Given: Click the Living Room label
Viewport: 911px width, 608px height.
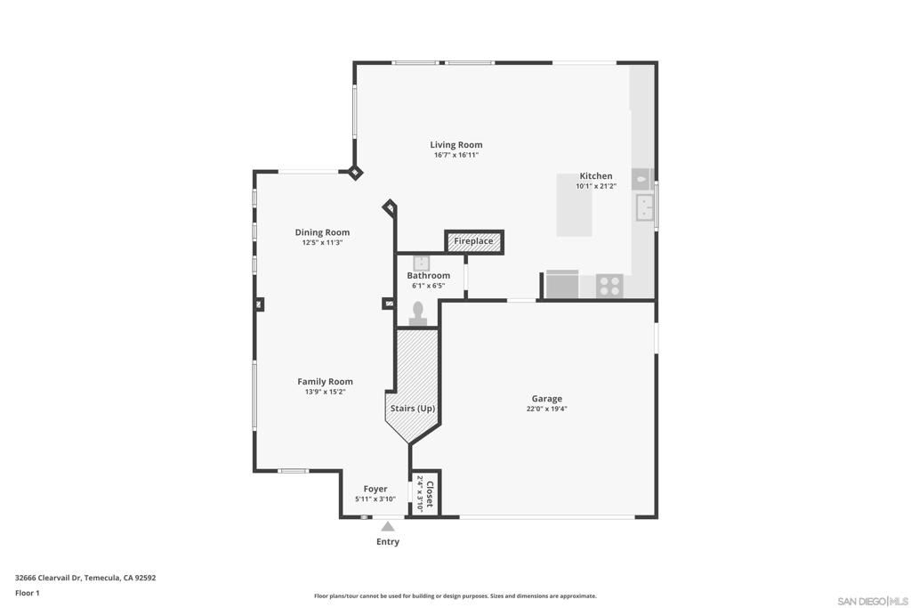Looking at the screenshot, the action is (x=456, y=145).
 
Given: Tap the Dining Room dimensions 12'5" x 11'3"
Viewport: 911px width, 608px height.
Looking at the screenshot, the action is (x=322, y=243).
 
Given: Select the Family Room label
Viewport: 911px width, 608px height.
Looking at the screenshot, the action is (x=325, y=382).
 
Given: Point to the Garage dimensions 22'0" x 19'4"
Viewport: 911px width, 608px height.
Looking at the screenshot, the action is (x=547, y=409).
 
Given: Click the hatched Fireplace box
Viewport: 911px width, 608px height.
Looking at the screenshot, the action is (x=473, y=241).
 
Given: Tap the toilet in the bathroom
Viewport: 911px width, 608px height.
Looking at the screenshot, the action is (x=418, y=314).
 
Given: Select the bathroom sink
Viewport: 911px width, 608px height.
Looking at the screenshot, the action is (x=421, y=263).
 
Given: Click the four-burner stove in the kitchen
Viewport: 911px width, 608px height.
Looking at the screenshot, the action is (x=609, y=286).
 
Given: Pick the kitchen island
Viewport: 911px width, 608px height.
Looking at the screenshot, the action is (x=574, y=205).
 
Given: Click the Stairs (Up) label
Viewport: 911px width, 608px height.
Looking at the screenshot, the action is (x=413, y=409).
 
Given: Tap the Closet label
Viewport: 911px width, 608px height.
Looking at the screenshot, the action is (x=430, y=494).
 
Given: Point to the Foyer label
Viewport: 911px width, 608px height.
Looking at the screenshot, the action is (x=375, y=489).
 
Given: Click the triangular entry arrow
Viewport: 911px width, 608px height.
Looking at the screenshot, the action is (x=388, y=527).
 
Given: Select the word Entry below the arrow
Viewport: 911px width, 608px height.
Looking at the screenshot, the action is (x=388, y=542).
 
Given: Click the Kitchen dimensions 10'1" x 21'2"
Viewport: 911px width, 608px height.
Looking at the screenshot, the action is (x=596, y=187).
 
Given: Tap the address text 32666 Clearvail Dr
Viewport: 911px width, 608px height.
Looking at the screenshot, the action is (x=48, y=578).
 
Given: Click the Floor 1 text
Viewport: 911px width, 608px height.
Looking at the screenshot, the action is (x=28, y=594).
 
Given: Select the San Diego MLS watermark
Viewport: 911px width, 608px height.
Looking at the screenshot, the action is (x=873, y=601).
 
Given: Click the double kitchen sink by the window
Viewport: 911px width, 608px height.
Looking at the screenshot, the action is (x=645, y=207).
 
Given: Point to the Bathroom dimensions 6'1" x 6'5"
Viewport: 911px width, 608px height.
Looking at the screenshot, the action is (x=428, y=286).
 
